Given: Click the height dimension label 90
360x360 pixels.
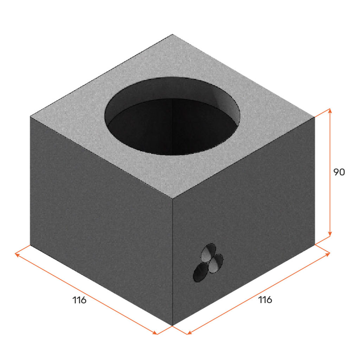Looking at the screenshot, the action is click(x=339, y=172).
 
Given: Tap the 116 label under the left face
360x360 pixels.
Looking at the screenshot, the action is click(x=79, y=300).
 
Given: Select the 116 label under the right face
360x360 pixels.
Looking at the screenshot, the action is click(x=265, y=300).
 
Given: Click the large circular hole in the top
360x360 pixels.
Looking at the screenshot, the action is click(x=172, y=116).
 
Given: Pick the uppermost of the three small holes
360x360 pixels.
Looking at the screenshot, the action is click(x=208, y=252).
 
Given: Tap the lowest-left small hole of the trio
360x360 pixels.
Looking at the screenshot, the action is click(x=201, y=272).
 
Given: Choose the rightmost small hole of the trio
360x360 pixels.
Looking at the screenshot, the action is click(x=216, y=263).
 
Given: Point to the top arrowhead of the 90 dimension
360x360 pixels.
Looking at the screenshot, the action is click(x=330, y=111).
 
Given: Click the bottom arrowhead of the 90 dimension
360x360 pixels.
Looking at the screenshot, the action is click(x=330, y=233).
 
